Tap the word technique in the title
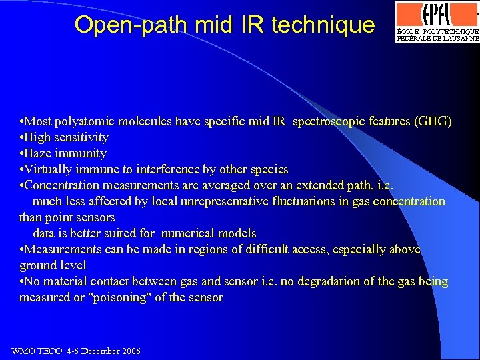click(324, 25)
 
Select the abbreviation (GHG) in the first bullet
click(433, 121)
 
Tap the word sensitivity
click(81, 137)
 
